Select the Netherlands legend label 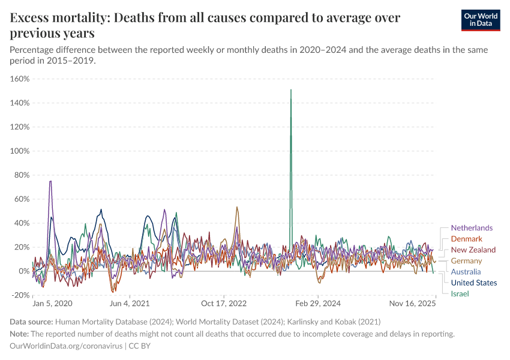click(472, 228)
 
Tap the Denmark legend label click(466, 239)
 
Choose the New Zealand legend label click(473, 250)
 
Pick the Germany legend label click(466, 261)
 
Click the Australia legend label click(466, 272)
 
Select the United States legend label click(473, 283)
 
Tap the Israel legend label click(460, 293)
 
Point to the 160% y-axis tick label click(20, 79)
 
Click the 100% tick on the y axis click(20, 151)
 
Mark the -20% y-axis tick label click(20, 295)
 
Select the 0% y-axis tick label click(25, 271)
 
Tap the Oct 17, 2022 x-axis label click(224, 304)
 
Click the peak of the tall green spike click(291, 91)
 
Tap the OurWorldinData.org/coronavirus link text click(66, 346)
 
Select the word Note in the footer click(19, 334)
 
